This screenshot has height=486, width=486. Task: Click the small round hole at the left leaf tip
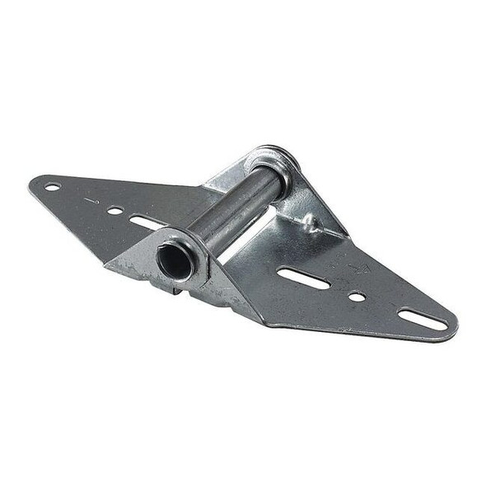coord(53,186)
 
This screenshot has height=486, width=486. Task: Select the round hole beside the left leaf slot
coord(114,211)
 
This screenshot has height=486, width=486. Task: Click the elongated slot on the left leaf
coord(147,222)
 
